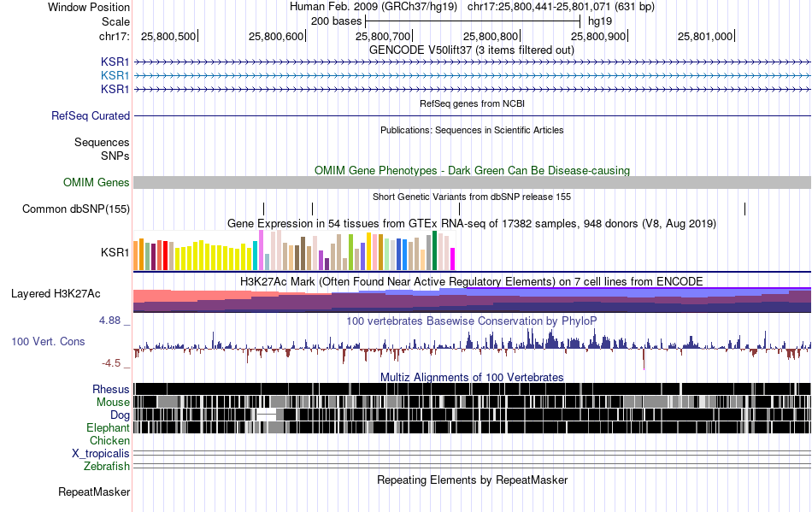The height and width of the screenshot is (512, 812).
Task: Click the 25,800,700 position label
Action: coord(383,36)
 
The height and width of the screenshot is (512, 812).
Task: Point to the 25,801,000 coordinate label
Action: coord(705,36)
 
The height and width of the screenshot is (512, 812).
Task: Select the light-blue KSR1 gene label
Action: coord(115,75)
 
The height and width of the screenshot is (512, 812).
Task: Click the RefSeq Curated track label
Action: coord(91,115)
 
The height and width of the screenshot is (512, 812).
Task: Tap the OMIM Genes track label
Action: coord(97,182)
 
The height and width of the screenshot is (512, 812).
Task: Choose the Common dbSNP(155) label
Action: coord(76,209)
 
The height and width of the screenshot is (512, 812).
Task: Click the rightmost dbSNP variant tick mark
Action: coord(744,209)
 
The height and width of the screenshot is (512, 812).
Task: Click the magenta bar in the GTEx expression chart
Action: coord(453,259)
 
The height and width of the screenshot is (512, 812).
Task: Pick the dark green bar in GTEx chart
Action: coord(435,250)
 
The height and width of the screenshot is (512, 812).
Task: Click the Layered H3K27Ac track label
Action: coord(56,293)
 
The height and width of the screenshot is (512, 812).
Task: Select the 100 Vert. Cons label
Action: coord(48,341)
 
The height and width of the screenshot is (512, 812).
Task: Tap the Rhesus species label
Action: coord(111,389)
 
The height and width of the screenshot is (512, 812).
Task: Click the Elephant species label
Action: coord(108,427)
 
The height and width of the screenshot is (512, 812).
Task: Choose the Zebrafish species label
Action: coord(107,466)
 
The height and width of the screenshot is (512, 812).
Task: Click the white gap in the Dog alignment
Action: coord(267,415)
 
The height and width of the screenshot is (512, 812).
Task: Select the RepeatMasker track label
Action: coord(94,491)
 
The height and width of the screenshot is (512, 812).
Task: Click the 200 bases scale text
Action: coord(336,21)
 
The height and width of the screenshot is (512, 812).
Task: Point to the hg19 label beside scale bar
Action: coord(600,21)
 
